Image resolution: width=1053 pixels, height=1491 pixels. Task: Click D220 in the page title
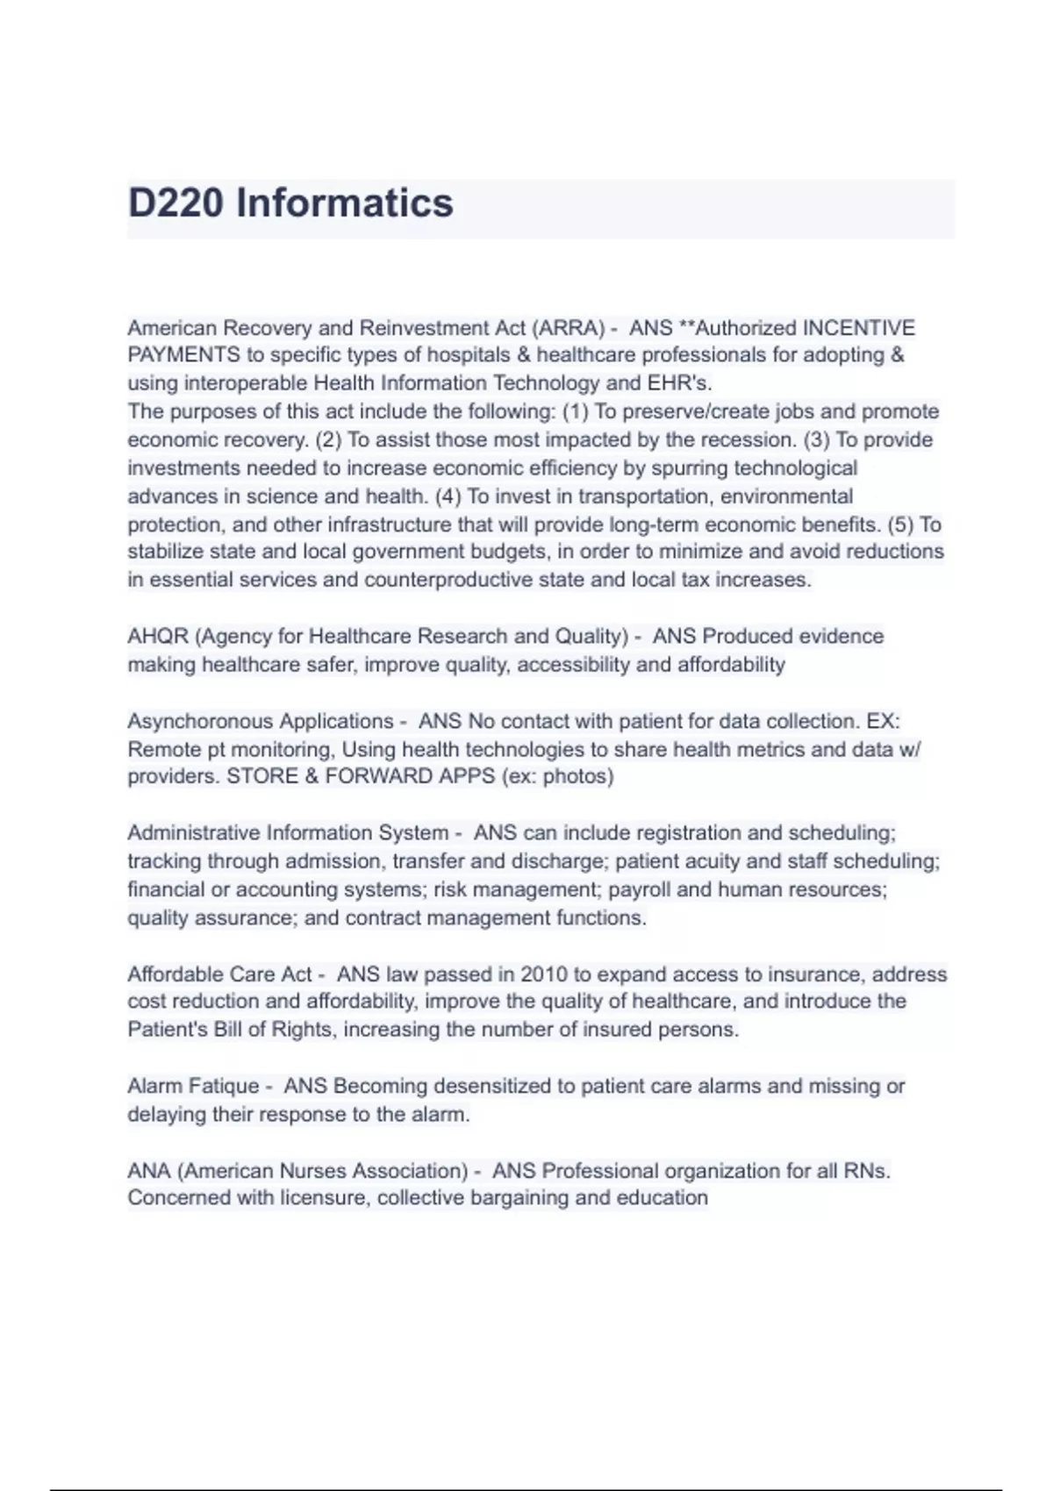point(175,203)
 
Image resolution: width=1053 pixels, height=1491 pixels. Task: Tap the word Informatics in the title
point(345,203)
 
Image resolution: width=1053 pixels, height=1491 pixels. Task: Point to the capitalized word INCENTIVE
point(859,328)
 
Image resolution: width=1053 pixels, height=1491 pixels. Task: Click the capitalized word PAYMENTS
point(183,355)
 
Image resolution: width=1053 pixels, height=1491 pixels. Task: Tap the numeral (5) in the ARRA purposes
point(900,524)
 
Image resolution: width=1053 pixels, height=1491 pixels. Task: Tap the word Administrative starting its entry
point(194,832)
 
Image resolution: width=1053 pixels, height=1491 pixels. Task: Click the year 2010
point(543,974)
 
